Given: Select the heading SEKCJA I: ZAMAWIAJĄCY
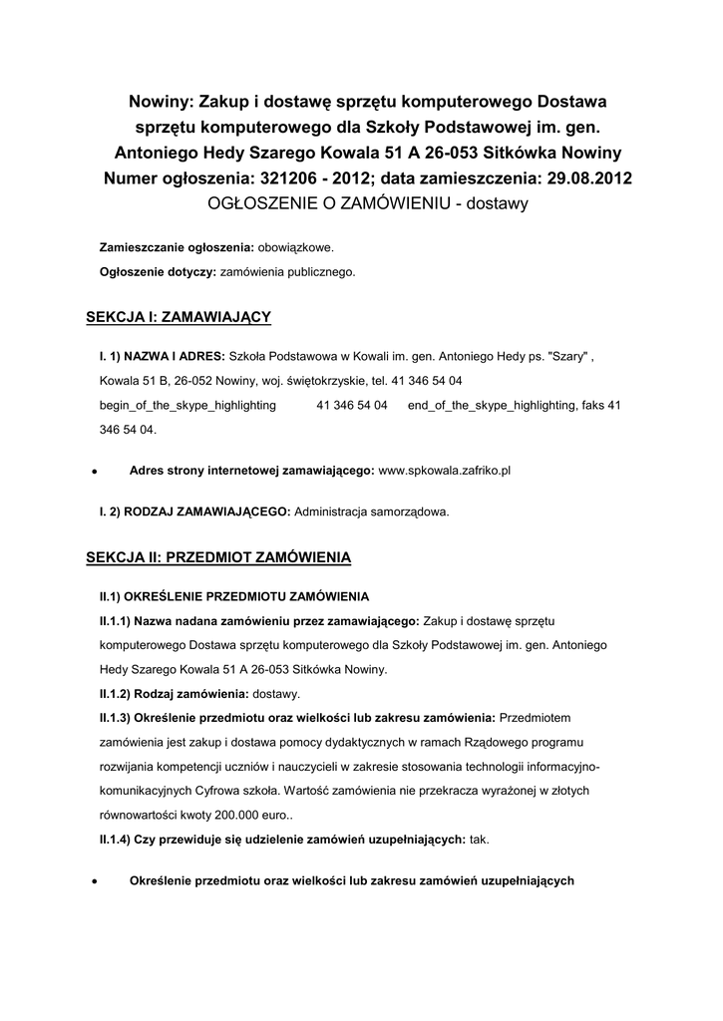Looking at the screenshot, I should pos(180,317).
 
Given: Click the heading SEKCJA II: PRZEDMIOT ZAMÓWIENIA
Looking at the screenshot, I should pos(219,556).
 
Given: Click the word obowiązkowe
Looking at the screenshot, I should pos(296,246).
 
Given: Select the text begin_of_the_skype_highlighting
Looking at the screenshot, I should pos(188,406).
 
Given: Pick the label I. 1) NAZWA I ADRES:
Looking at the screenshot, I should pos(163,355).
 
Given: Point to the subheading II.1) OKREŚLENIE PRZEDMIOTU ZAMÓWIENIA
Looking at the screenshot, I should pos(233,596).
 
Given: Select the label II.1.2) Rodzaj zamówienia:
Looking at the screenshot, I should pos(174,693).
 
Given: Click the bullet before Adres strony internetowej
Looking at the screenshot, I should pos(93,470).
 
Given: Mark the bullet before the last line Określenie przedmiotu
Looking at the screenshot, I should pos(93,882).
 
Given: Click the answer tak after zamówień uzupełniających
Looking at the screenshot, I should pos(480,840).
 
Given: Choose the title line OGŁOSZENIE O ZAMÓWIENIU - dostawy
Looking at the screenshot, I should pos(366,203).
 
